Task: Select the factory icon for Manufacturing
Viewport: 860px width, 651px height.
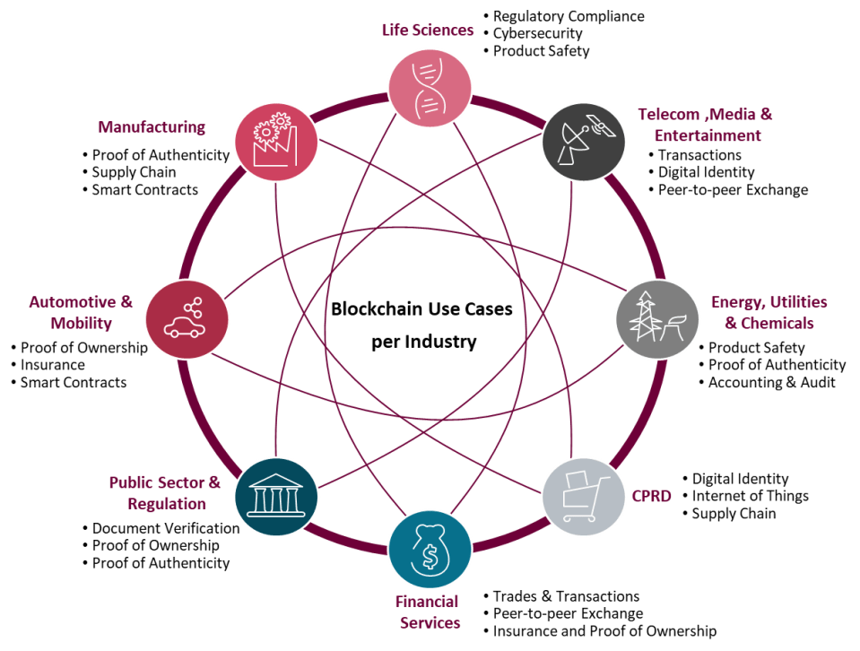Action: (x=275, y=141)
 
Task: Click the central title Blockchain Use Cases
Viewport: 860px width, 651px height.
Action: (x=421, y=309)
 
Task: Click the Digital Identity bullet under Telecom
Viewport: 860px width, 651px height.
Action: (x=707, y=172)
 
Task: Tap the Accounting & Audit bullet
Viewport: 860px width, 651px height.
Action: (x=772, y=383)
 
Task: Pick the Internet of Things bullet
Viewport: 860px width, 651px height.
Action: (x=750, y=496)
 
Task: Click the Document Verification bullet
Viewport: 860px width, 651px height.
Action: (x=165, y=528)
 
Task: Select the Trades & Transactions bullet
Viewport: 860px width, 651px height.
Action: (x=566, y=596)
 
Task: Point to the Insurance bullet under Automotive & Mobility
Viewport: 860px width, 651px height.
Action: (x=53, y=365)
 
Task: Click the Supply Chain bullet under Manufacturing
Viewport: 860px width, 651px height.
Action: (x=134, y=172)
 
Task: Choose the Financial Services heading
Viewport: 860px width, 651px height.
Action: (x=429, y=612)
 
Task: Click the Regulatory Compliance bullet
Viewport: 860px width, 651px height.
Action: (x=569, y=16)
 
